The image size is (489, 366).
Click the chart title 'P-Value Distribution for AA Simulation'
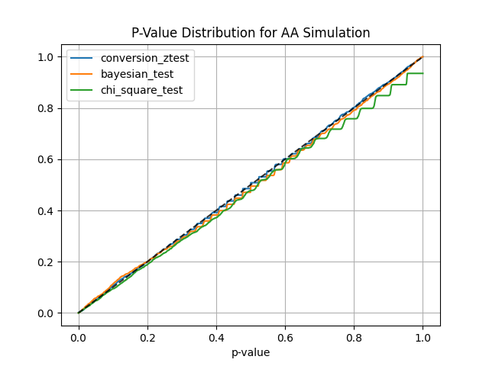251,33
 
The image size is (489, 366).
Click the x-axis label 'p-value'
251,352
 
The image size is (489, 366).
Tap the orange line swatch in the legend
82,75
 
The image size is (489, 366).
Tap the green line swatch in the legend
82,91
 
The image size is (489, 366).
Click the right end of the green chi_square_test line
423,73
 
